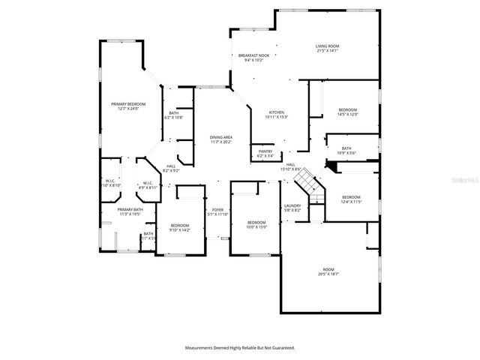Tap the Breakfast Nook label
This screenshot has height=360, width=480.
click(x=253, y=58)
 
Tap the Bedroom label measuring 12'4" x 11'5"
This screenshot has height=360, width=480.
click(x=352, y=199)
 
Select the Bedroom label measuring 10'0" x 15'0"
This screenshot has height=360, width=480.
click(x=256, y=223)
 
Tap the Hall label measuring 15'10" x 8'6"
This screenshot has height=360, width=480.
click(x=290, y=166)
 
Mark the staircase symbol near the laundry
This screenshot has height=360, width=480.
click(x=314, y=190)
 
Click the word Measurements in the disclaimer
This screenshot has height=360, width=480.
click(x=202, y=348)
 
